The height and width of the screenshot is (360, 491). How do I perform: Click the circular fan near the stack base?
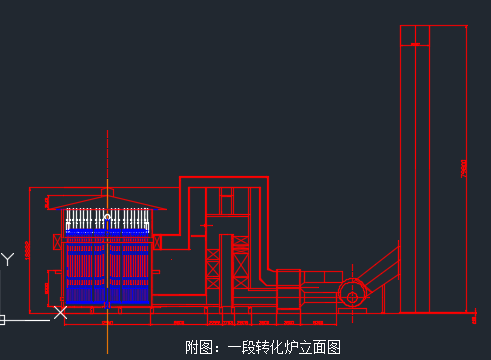tap(352, 294)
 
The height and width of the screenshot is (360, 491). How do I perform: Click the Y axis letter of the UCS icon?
tap(8, 260)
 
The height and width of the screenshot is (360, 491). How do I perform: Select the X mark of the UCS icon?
tap(60, 313)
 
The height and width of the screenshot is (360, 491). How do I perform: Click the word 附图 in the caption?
tap(199, 348)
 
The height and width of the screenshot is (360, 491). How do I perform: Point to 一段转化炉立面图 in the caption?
tap(285, 348)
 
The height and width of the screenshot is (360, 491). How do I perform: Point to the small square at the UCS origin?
tap(2, 320)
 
